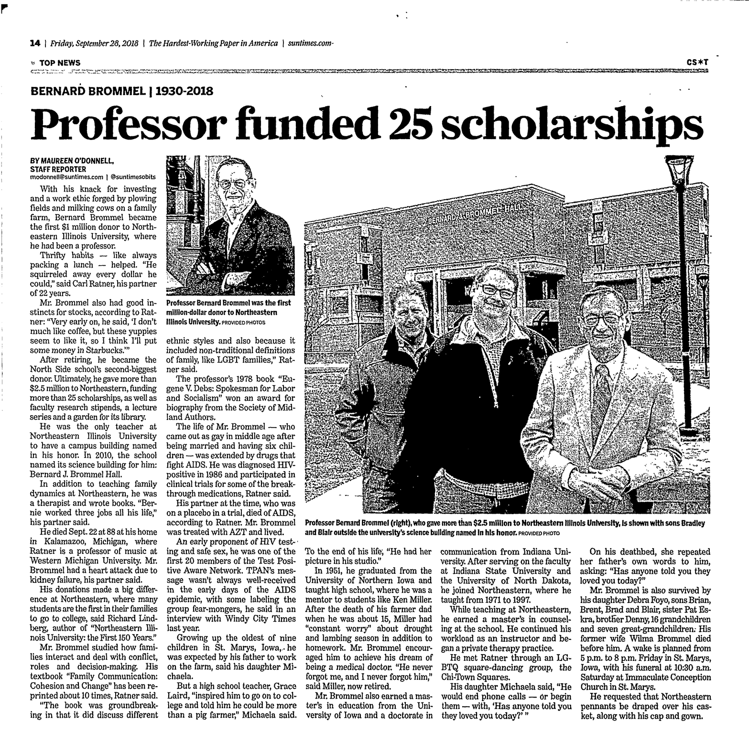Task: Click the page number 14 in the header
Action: [34, 43]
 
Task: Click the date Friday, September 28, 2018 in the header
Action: [94, 43]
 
